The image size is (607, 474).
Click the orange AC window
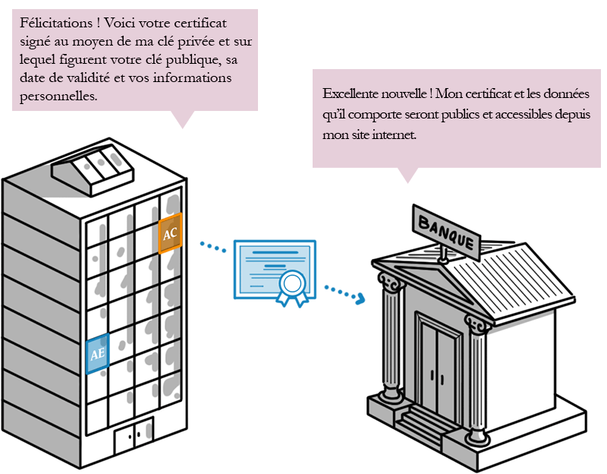[170, 233]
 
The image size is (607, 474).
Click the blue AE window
[98, 353]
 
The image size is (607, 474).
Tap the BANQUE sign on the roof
[446, 232]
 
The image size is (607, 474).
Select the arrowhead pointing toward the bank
[361, 299]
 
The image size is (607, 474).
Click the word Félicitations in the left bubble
[56, 23]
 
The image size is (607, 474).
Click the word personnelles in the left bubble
[58, 96]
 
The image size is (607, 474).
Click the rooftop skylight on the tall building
[93, 169]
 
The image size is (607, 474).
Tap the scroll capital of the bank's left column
[390, 282]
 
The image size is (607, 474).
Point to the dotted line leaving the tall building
[213, 247]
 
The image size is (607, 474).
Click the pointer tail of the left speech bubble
[182, 119]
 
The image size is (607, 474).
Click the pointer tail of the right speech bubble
[407, 175]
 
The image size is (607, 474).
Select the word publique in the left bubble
[194, 60]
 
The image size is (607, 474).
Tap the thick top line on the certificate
[275, 252]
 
